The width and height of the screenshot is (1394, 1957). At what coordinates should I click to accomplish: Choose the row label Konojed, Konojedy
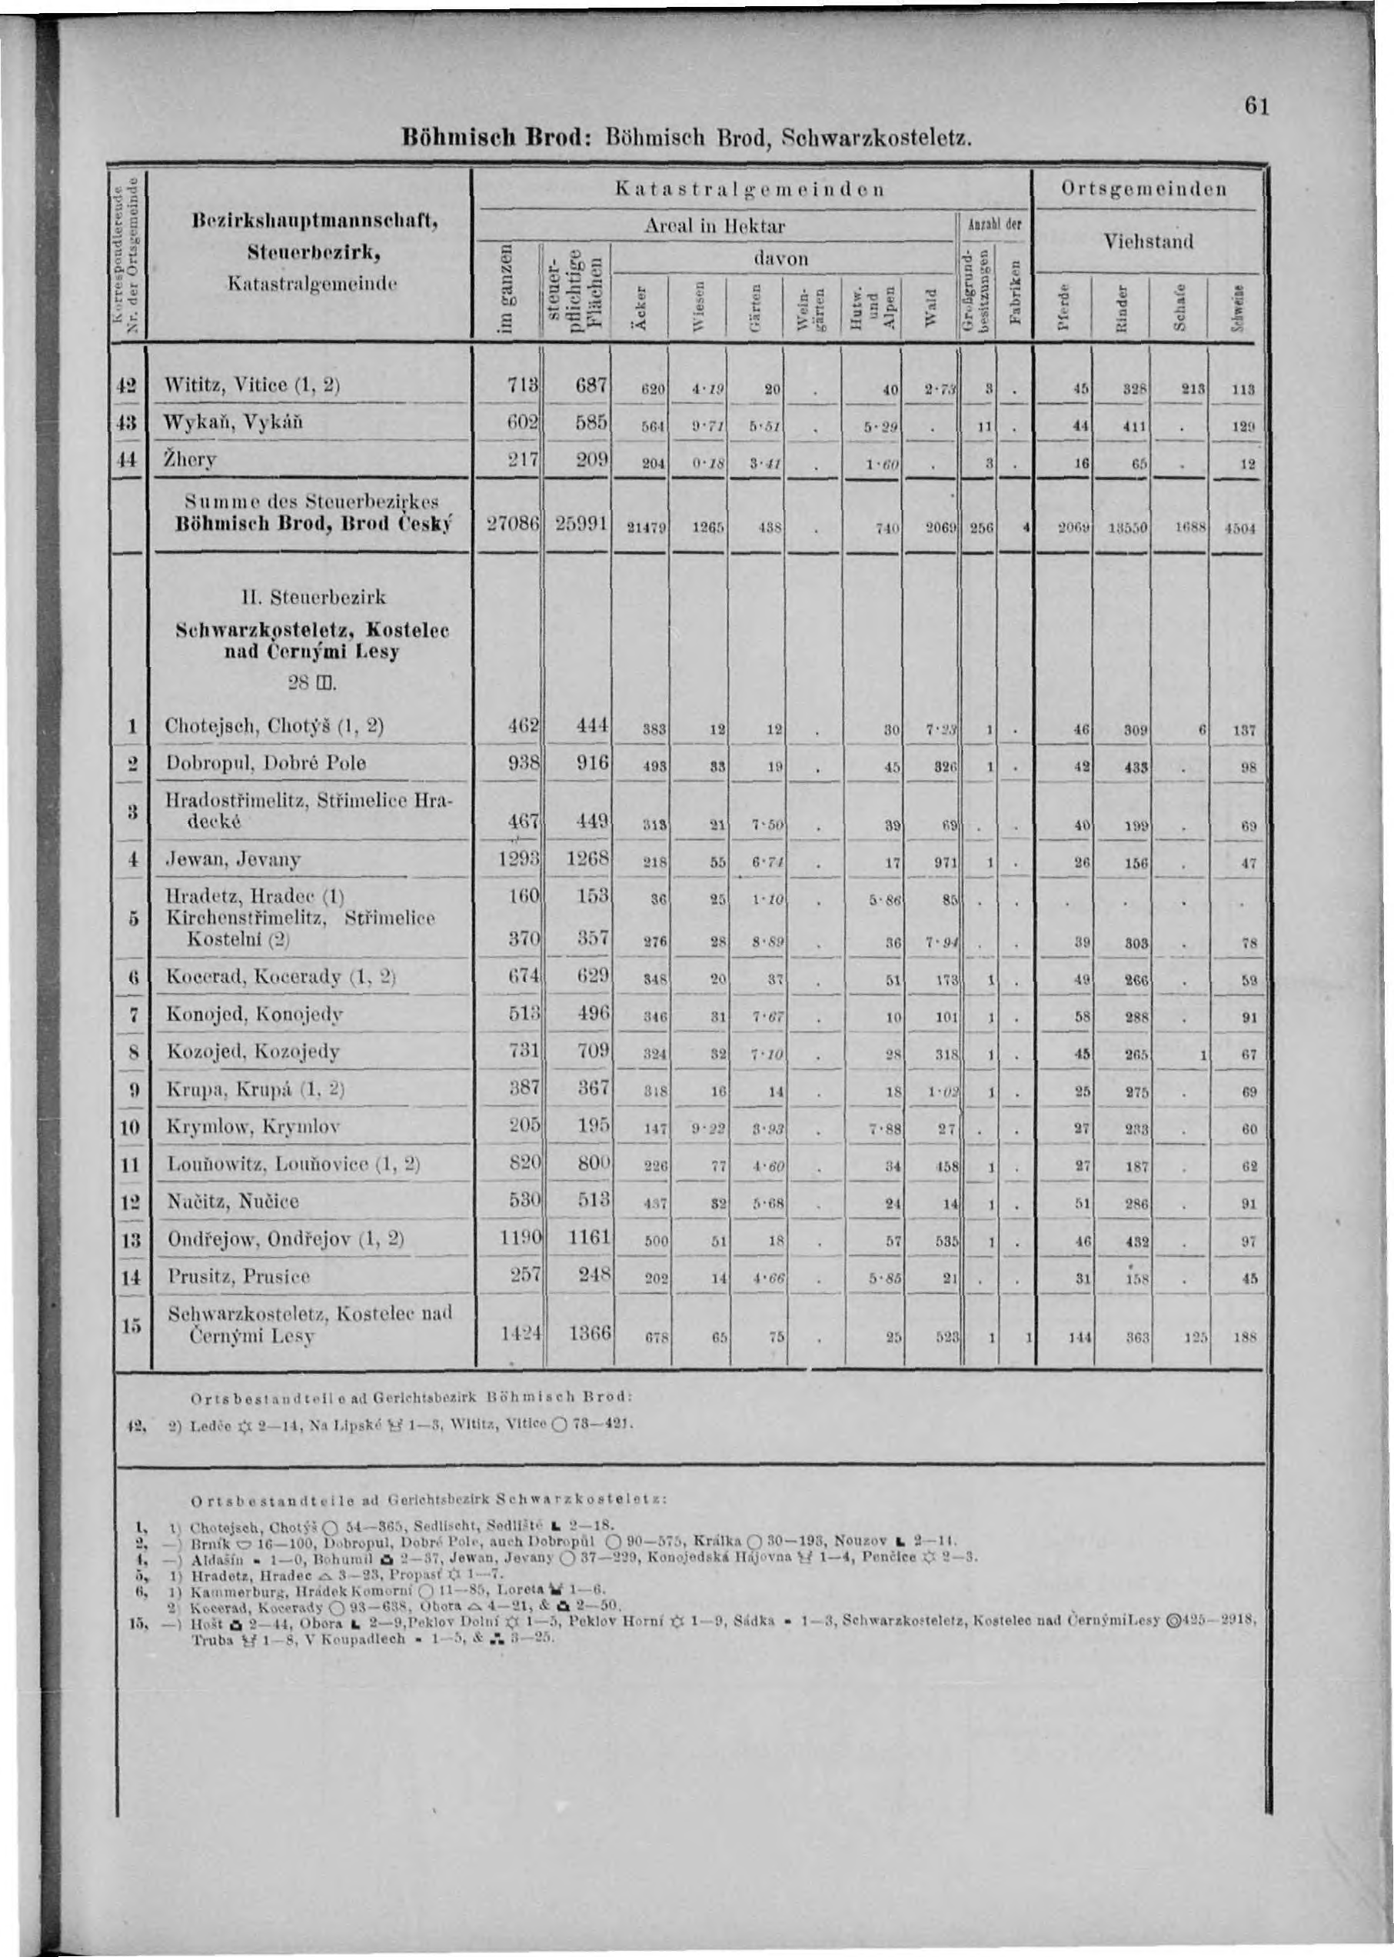pos(253,1014)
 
